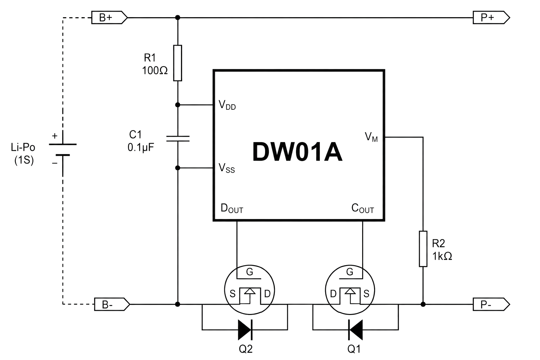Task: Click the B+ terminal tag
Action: click(x=109, y=18)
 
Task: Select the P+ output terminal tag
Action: click(x=491, y=18)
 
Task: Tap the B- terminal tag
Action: click(x=112, y=304)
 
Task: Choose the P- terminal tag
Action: click(x=491, y=304)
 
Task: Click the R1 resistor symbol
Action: click(x=178, y=63)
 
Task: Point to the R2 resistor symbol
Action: click(x=423, y=249)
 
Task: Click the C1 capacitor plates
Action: click(x=178, y=139)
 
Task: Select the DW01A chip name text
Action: click(x=297, y=152)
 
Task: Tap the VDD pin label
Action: click(x=227, y=105)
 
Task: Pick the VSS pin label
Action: click(x=227, y=168)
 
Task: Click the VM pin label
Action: click(x=371, y=137)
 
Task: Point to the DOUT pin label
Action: click(x=232, y=208)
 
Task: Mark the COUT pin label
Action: click(x=362, y=208)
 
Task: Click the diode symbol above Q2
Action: click(x=245, y=330)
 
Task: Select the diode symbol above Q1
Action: click(x=355, y=330)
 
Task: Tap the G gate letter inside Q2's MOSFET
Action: click(x=250, y=272)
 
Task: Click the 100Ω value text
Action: click(x=155, y=71)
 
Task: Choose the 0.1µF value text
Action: click(x=141, y=147)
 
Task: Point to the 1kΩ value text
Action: click(x=442, y=256)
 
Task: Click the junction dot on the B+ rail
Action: click(x=178, y=17)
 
